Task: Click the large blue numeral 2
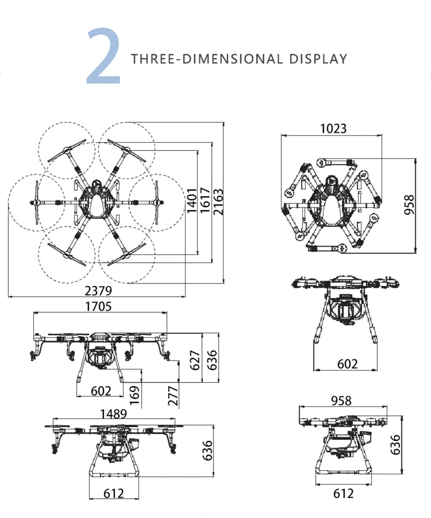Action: point(104,56)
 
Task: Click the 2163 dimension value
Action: point(218,201)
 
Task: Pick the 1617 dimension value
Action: point(205,200)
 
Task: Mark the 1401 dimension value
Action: point(192,200)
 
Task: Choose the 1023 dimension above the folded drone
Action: point(333,129)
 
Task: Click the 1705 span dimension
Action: point(98,306)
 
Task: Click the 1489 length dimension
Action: point(113,414)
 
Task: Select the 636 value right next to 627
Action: point(212,360)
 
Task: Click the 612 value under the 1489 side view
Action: point(114,493)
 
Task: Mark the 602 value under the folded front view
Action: point(347,364)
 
